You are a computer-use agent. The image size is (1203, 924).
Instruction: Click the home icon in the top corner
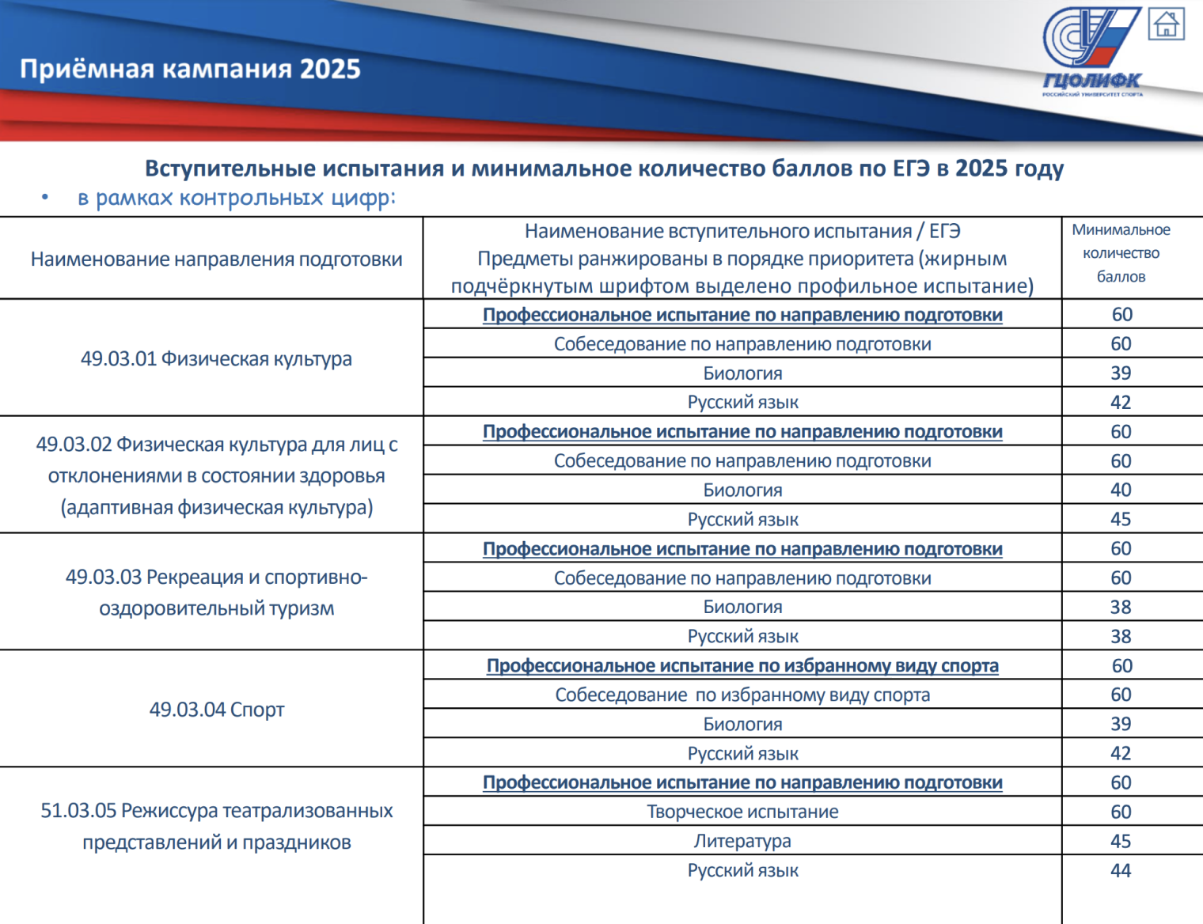click(1167, 24)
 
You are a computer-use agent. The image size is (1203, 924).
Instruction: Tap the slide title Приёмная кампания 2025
click(190, 70)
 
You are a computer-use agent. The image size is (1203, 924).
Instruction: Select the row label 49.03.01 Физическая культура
click(216, 359)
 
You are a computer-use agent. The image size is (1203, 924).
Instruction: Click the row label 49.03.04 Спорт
click(216, 710)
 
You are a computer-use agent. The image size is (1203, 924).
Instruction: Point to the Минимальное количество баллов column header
click(1121, 253)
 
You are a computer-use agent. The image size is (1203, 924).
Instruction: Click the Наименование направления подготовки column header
click(216, 259)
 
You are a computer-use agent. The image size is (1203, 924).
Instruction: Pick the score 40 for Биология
click(1121, 490)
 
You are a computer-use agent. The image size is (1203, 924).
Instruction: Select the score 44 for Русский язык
click(1121, 871)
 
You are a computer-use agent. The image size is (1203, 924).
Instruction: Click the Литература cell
click(742, 842)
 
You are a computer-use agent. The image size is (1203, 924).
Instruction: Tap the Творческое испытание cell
click(742, 812)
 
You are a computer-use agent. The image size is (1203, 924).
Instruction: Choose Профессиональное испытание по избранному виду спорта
click(742, 666)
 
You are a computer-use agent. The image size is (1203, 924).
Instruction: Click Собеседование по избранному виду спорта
click(742, 695)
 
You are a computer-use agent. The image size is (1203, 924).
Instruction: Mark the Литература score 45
click(1121, 842)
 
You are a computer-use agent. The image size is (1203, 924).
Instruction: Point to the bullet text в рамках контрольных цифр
click(236, 198)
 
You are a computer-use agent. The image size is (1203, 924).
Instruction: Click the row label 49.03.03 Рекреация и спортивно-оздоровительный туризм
click(216, 593)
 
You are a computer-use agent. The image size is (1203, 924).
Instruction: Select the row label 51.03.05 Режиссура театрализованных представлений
click(216, 827)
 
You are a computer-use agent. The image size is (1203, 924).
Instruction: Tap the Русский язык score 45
click(1121, 520)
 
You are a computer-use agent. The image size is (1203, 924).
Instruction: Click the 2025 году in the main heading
click(1008, 169)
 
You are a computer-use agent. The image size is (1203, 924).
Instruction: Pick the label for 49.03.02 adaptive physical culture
click(216, 476)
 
